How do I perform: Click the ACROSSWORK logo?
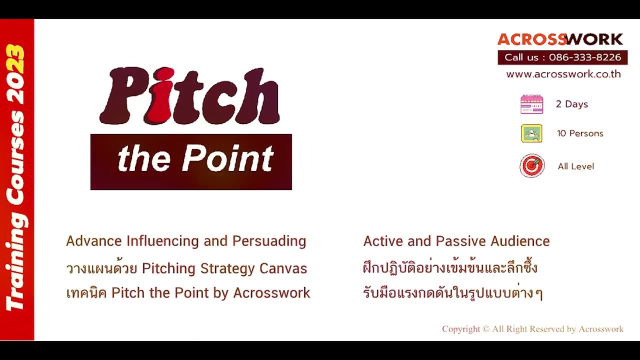tap(560, 39)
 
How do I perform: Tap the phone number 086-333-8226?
tap(584, 57)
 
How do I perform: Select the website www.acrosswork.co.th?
tap(563, 74)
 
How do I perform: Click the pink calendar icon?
tap(531, 104)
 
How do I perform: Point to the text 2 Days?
tap(571, 104)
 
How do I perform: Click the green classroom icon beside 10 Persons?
tap(531, 133)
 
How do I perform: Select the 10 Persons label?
tap(580, 133)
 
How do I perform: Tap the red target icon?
tap(531, 166)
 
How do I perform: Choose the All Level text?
tap(575, 166)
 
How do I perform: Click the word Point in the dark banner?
tap(227, 159)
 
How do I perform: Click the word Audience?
tap(520, 241)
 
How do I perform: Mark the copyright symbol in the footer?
tap(485, 329)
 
